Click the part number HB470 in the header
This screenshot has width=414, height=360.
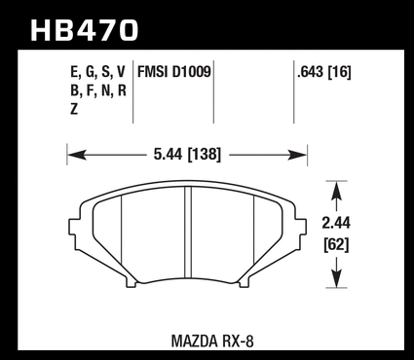(85, 30)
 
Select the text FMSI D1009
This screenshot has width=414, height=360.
(174, 72)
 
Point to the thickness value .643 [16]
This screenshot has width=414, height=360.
(324, 72)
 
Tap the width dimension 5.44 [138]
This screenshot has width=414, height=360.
(187, 155)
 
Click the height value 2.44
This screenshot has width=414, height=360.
(336, 223)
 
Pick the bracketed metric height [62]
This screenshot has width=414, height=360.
(336, 244)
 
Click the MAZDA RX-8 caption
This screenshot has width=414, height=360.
(212, 341)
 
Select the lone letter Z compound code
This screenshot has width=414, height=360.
(74, 110)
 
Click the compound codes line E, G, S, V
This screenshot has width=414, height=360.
(97, 72)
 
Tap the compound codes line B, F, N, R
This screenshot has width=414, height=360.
(98, 90)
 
